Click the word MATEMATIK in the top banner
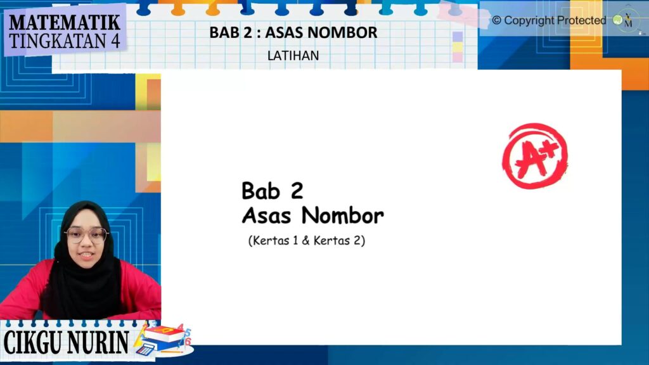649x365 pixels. pos(65,22)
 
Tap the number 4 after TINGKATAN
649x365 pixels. pos(115,41)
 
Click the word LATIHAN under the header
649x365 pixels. pos(293,56)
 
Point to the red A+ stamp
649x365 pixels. pos(535,156)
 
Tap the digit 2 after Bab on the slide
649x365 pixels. pos(297,191)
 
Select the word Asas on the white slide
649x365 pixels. pos(266,215)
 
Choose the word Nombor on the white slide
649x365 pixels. pos(343,215)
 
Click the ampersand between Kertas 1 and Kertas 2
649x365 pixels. pos(305,240)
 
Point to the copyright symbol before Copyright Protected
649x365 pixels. pos(496,20)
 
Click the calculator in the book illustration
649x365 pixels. pos(145,350)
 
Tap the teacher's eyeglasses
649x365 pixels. pos(87,236)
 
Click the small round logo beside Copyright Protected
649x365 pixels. pos(617,20)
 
